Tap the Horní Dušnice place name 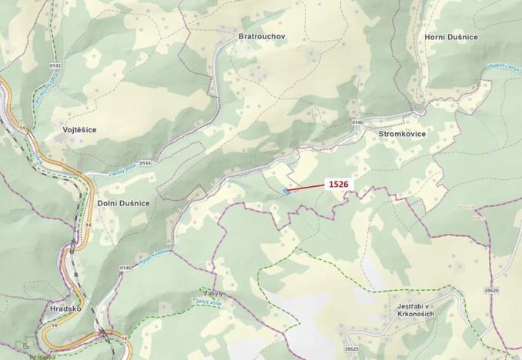point(451,36)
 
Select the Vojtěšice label point(79,130)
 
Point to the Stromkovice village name point(402,134)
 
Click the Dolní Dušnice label point(123,202)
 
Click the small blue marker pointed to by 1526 point(286,192)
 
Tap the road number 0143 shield point(55,66)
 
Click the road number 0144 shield point(146,163)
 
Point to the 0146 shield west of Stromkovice point(357,122)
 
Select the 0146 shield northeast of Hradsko point(125,267)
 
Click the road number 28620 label point(491,290)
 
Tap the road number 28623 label point(350,350)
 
